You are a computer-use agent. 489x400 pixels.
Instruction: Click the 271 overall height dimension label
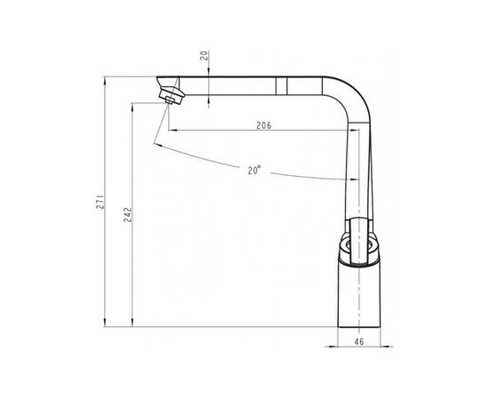(100, 202)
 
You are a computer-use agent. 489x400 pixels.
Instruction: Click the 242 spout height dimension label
(128, 214)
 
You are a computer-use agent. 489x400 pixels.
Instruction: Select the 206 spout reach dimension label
(264, 125)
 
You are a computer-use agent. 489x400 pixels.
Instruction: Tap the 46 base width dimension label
(359, 341)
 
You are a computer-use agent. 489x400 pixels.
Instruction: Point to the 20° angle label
(254, 171)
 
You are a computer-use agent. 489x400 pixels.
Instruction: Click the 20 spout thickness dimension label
(204, 56)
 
